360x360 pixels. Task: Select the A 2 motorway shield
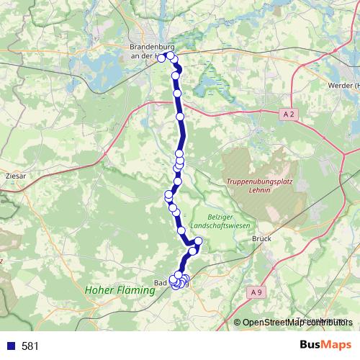point(288,114)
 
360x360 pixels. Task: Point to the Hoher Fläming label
point(120,291)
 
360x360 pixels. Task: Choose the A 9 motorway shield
point(259,291)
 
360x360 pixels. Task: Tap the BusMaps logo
point(325,346)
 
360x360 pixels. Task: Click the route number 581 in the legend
point(30,346)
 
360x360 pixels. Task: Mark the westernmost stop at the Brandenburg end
point(162,58)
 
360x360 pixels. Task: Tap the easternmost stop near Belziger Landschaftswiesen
point(199,241)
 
